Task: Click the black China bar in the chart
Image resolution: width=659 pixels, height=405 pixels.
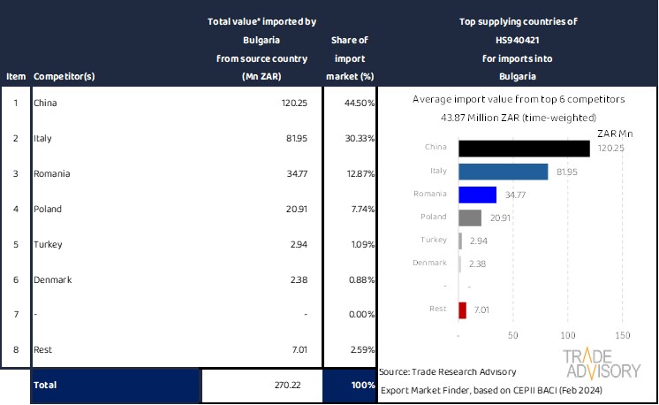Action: (524, 148)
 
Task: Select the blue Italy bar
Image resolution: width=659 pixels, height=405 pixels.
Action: (504, 171)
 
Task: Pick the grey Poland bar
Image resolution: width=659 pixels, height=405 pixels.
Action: (470, 217)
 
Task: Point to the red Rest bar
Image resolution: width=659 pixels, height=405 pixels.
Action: (463, 309)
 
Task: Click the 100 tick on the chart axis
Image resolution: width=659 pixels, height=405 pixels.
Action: (567, 336)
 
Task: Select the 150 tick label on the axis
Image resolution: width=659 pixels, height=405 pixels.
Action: (621, 336)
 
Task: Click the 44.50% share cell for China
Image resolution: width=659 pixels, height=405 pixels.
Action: (360, 103)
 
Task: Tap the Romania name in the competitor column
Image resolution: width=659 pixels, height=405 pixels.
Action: (52, 174)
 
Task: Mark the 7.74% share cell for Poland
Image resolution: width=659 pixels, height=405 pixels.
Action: (361, 210)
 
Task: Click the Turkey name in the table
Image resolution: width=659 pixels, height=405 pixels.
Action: (48, 244)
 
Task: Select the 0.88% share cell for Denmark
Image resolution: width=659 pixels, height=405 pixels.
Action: (361, 279)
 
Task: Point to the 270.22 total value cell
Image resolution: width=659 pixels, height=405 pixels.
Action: (288, 386)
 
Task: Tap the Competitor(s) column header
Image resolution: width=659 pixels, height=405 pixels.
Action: (64, 76)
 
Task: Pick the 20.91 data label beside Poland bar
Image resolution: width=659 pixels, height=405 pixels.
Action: (500, 218)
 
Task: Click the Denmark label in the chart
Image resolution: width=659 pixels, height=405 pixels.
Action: (430, 263)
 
